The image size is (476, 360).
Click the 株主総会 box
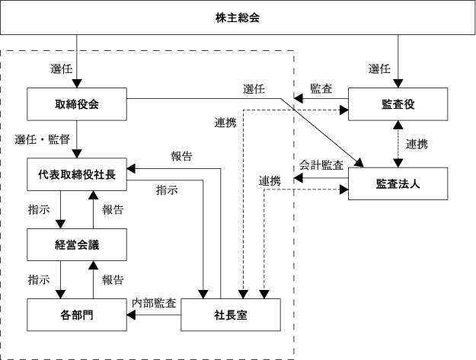pos(238,18)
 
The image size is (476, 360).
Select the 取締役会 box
pos(77,104)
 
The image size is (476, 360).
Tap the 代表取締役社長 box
pos(77,174)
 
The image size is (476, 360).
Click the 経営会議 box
pos(77,244)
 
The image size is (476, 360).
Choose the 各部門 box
pos(77,314)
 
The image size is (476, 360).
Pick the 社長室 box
pos(231,314)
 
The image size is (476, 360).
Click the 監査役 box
pos(398,104)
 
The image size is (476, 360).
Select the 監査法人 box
pos(398,183)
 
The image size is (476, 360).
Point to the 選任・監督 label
pos(43,139)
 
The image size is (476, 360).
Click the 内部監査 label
pos(154,303)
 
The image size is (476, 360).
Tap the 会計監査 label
pos(321,165)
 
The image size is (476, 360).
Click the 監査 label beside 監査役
pos(321,88)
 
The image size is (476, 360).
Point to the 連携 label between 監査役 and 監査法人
pos(417,144)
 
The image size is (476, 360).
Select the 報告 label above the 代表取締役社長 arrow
pos(181,156)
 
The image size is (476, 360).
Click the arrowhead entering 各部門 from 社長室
pos(131,315)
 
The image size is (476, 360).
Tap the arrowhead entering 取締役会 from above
pos(77,84)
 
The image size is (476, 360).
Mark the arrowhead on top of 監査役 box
pos(398,84)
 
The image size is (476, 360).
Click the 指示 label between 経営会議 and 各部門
pos(39,279)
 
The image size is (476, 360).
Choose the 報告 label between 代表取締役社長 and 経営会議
pos(113,209)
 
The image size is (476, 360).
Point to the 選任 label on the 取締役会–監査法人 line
pos(254,89)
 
